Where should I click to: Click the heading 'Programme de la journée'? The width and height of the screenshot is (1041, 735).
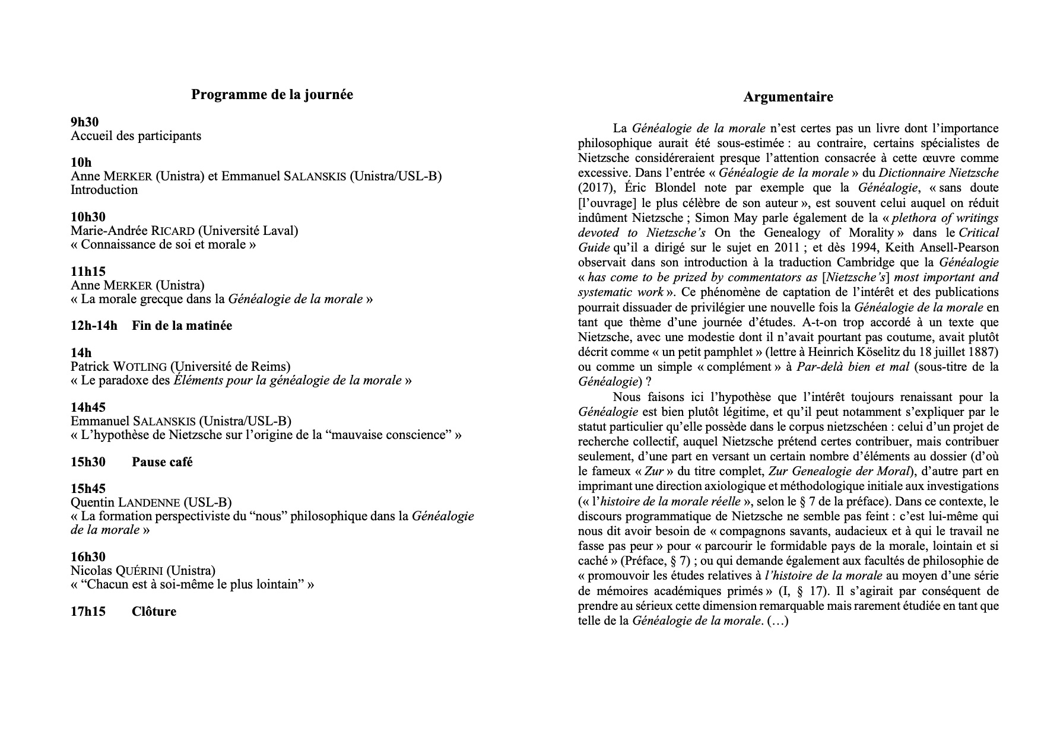(272, 95)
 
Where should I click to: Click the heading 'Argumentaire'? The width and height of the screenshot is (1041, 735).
(788, 97)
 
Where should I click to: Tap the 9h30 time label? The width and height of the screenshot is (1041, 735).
(85, 122)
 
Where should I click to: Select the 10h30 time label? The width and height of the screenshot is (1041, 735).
(88, 217)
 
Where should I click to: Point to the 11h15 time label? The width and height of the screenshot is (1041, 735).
(88, 272)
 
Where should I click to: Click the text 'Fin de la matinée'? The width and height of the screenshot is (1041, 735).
(182, 326)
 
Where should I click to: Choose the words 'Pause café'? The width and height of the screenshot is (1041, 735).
(162, 462)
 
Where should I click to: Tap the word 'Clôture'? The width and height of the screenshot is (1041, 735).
(154, 612)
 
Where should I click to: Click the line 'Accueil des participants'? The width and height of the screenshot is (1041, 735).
(136, 136)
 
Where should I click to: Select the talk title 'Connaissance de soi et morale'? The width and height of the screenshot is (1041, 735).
(163, 244)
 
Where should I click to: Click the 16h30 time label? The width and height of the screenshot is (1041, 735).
(88, 557)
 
